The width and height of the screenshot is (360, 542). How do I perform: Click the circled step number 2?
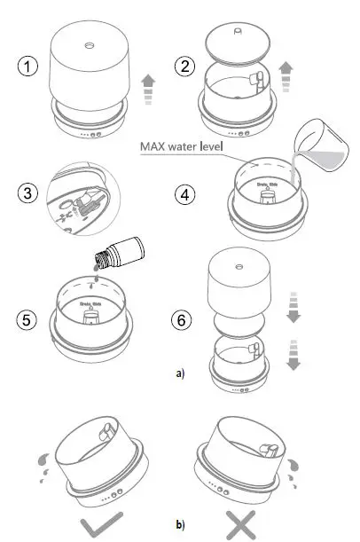click(x=186, y=67)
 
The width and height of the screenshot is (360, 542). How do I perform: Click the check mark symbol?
click(x=98, y=524)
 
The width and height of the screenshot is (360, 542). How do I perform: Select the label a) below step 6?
click(x=179, y=373)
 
